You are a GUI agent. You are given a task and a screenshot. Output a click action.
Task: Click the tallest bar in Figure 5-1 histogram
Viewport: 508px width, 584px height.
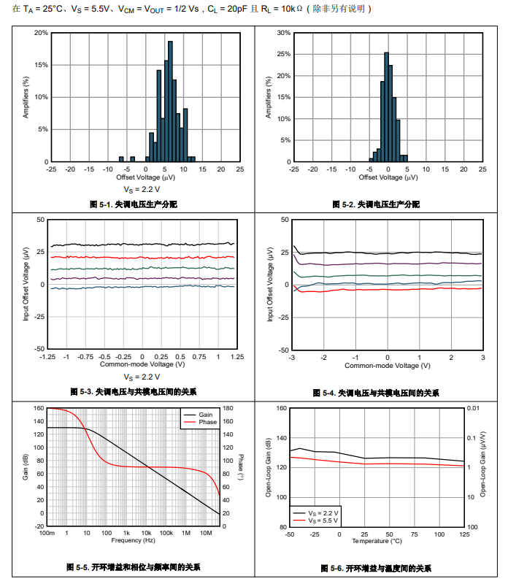point(170,102)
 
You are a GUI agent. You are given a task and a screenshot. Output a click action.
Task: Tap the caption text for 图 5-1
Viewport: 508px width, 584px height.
point(134,204)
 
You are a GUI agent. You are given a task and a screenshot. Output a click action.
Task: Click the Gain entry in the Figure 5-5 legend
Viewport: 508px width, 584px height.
point(205,415)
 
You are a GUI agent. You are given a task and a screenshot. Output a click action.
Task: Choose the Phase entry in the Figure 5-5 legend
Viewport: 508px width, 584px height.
point(207,422)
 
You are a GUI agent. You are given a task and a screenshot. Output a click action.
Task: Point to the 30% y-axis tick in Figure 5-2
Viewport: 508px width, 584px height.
point(284,33)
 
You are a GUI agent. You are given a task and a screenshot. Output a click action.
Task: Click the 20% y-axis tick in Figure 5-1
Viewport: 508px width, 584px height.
point(41,33)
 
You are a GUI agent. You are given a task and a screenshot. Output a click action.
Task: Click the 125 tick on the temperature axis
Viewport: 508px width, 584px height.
point(463,534)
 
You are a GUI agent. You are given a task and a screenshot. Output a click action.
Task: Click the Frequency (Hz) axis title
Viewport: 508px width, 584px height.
point(133,541)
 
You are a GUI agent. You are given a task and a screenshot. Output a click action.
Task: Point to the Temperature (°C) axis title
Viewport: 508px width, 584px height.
point(377,541)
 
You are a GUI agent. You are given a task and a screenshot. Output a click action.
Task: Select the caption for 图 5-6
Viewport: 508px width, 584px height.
point(376,568)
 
